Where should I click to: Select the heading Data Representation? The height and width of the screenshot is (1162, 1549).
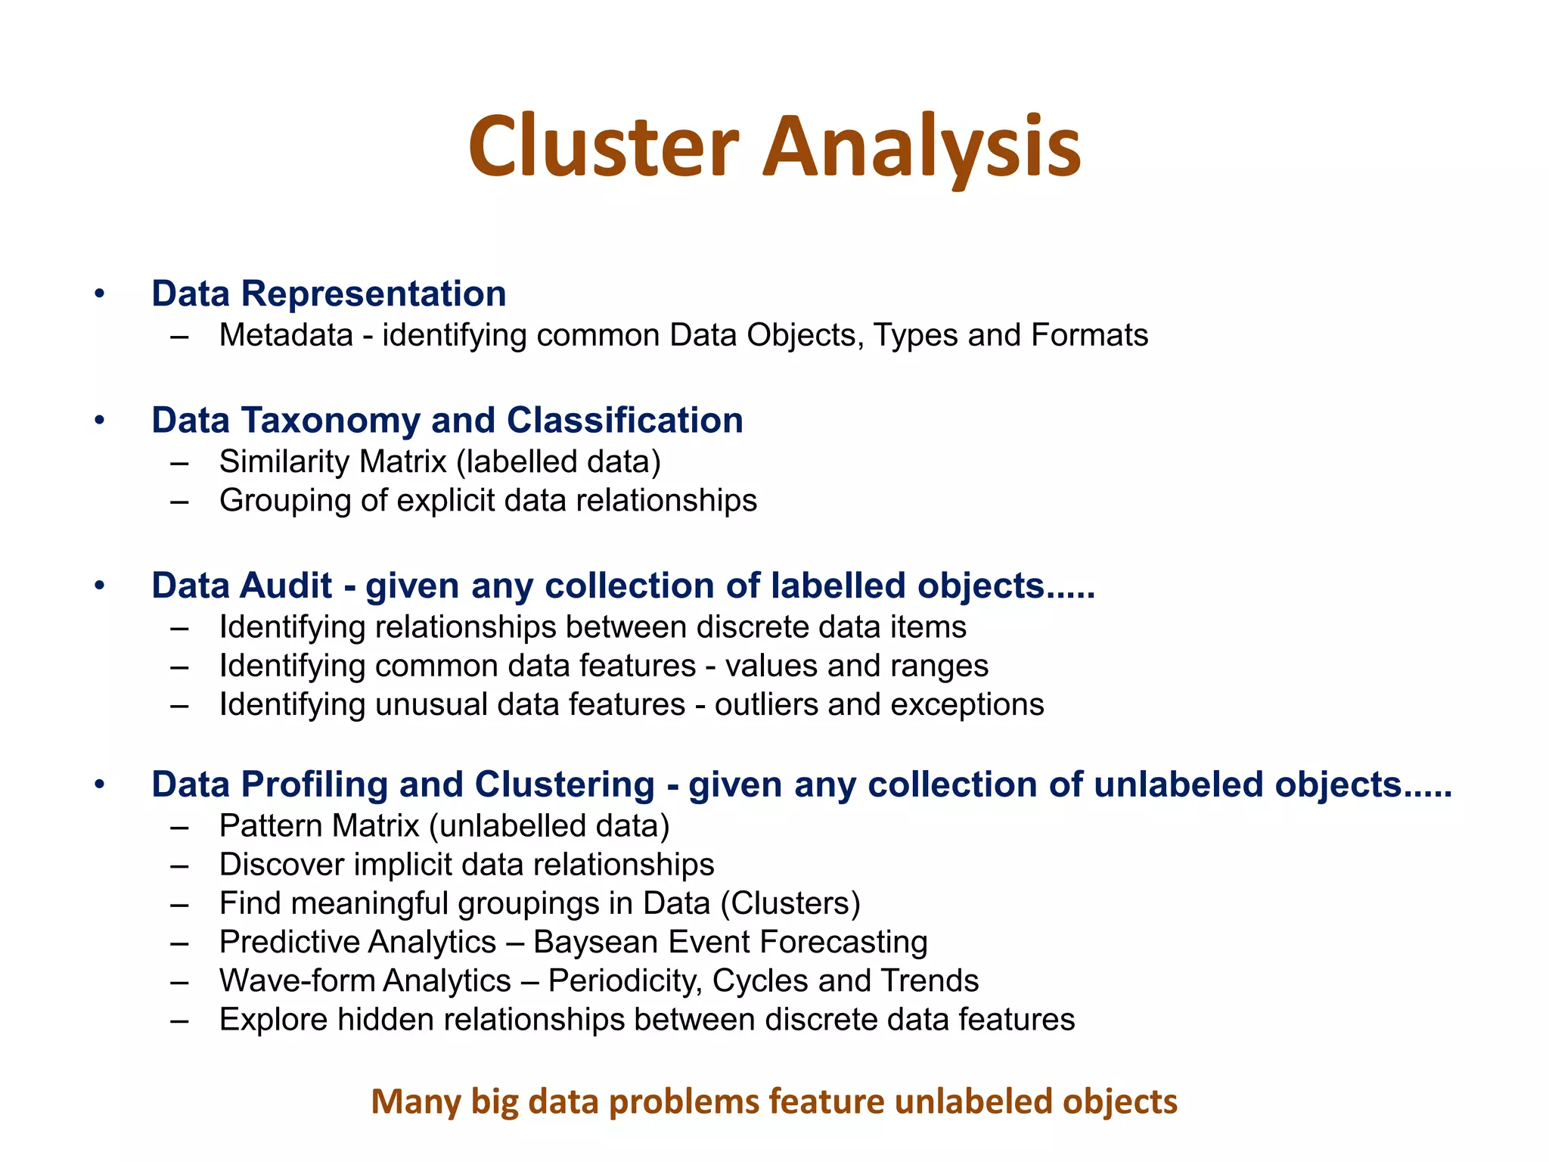[x=328, y=294]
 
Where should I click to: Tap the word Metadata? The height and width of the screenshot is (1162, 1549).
[x=286, y=335]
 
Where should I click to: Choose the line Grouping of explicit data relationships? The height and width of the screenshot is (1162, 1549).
[x=488, y=501]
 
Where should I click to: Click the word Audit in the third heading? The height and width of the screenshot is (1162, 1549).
[x=287, y=586]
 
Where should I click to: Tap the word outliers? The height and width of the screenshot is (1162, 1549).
[x=765, y=704]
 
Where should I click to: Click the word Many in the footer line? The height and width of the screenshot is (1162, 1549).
[x=415, y=1101]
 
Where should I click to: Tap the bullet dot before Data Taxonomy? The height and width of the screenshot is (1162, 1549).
[x=99, y=420]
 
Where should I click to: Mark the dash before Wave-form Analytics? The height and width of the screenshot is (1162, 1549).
[x=179, y=981]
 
